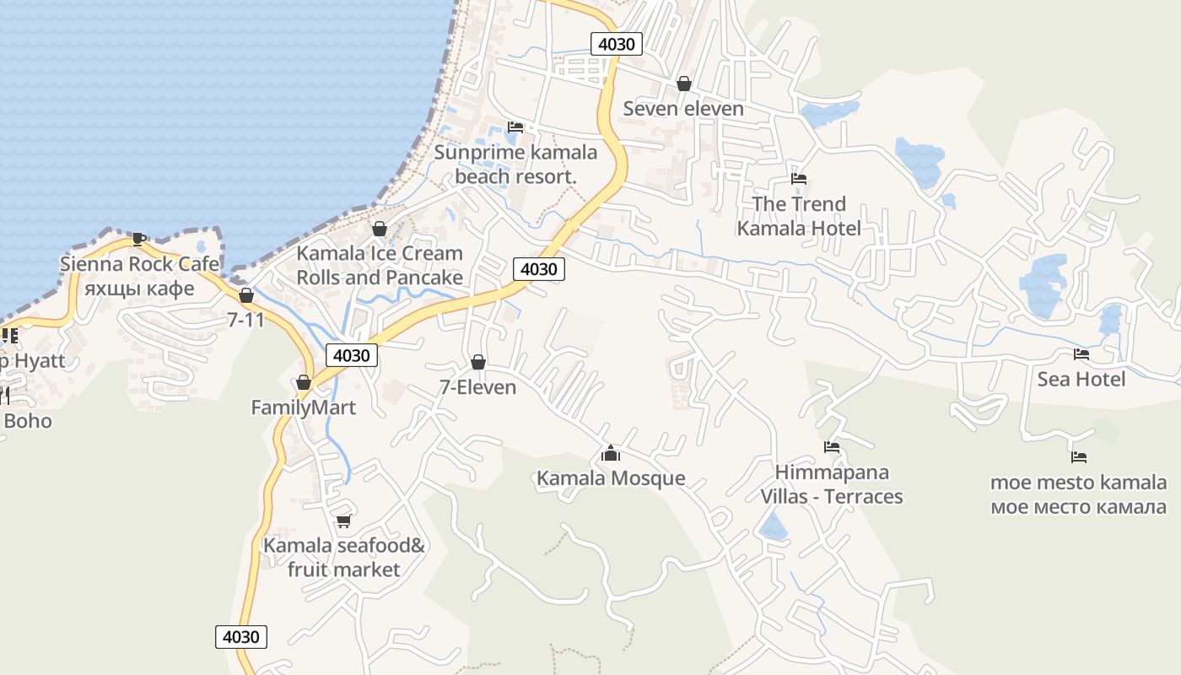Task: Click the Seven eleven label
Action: pos(683,108)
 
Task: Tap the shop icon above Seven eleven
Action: pos(684,84)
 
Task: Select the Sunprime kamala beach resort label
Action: pos(515,165)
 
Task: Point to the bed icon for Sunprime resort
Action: pos(515,127)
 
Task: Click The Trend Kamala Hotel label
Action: pos(799,216)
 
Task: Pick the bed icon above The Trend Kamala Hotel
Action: pos(799,179)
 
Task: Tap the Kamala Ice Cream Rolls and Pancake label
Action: pos(380,265)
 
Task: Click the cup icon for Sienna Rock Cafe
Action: pos(139,239)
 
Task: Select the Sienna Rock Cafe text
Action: pos(139,264)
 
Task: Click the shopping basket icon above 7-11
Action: pos(246,295)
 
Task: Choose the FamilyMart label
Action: pos(304,408)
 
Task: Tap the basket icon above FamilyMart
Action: pos(304,383)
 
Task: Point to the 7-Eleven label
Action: pos(478,386)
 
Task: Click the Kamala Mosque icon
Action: pos(611,454)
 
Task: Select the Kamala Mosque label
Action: pos(611,478)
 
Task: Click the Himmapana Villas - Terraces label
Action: pos(832,484)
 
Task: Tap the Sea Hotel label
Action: pos(1081,379)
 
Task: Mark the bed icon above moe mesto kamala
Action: pos(1079,457)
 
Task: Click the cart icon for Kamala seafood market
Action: pos(343,521)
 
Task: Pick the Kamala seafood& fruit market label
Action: pos(343,558)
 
